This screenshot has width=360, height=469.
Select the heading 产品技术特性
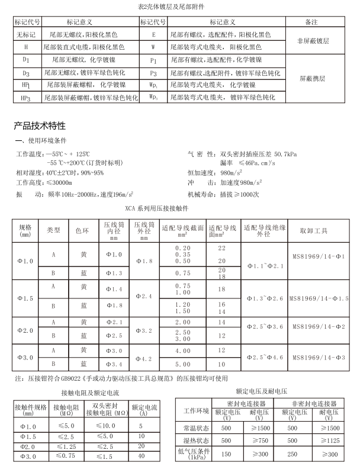40,126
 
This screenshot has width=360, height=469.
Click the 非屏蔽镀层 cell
312,40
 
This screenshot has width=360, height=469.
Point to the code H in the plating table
25,46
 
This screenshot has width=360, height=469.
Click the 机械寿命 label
202,194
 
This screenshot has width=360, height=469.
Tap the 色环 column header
83,230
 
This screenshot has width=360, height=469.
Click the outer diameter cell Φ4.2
145,358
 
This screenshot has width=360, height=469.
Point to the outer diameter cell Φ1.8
145,261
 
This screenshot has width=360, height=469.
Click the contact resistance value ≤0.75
64,456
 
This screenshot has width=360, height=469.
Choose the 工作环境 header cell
197,410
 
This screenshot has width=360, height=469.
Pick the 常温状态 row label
197,428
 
